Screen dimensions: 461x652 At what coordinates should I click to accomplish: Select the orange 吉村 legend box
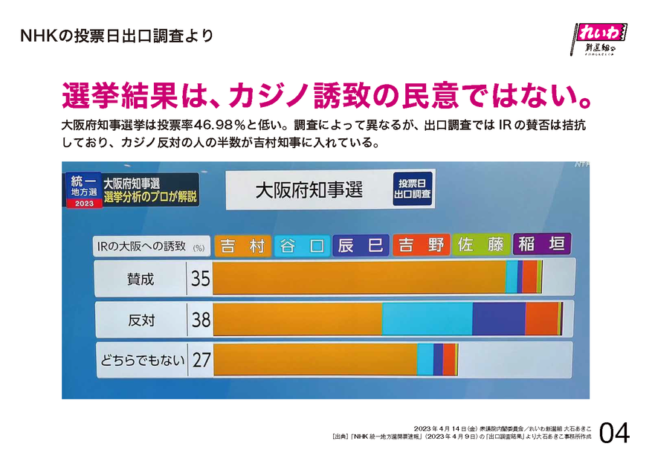242,245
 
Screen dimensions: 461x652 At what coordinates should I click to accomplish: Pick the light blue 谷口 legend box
303,245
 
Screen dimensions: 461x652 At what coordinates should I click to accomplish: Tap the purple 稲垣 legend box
541,245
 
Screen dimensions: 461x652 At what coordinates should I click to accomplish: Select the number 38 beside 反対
201,320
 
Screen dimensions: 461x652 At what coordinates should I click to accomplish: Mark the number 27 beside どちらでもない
201,361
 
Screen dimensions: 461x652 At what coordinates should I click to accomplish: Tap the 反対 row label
141,320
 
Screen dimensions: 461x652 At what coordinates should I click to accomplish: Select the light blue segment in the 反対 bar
427,320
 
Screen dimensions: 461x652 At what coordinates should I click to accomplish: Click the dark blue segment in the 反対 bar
498,320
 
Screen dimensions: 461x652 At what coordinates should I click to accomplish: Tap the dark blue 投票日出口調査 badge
413,189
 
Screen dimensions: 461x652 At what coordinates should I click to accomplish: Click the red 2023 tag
83,203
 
